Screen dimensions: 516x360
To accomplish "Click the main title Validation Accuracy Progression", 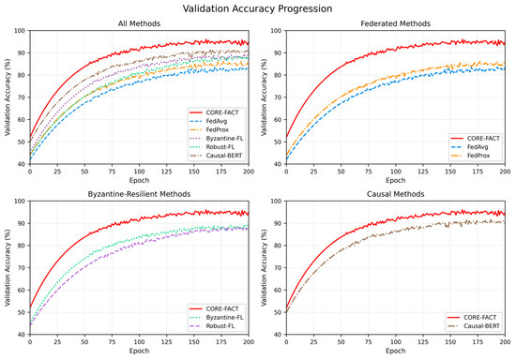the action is point(257,8).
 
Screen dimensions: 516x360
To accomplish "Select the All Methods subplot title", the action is point(139,23).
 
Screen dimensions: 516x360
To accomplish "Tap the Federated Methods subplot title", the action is point(396,23).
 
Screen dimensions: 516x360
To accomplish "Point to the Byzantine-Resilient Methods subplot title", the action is point(139,194).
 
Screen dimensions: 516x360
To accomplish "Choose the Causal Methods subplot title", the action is point(396,194).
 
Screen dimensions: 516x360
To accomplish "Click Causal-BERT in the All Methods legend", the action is point(224,156).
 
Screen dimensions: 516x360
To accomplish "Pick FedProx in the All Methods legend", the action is point(218,130).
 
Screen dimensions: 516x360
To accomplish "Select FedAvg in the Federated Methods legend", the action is point(478,147).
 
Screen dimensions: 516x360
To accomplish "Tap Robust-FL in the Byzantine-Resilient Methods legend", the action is point(220,326).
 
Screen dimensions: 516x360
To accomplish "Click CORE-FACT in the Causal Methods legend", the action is point(480,317).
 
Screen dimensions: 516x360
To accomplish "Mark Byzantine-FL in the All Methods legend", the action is point(225,139).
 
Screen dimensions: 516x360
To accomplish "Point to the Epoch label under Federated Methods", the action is point(396,180).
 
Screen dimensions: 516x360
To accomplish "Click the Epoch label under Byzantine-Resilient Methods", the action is point(139,351).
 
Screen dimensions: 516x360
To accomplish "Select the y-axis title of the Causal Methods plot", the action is point(264,267).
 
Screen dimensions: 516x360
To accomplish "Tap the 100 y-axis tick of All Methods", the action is point(20,31).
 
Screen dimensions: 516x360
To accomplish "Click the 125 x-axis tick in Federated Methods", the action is point(423,172).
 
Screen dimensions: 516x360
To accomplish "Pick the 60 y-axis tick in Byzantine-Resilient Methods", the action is point(22,290).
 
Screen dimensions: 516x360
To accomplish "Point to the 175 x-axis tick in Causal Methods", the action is point(478,342).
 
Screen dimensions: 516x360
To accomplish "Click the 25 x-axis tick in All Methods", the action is point(57,172).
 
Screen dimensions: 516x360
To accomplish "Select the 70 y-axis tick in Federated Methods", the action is point(278,97).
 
